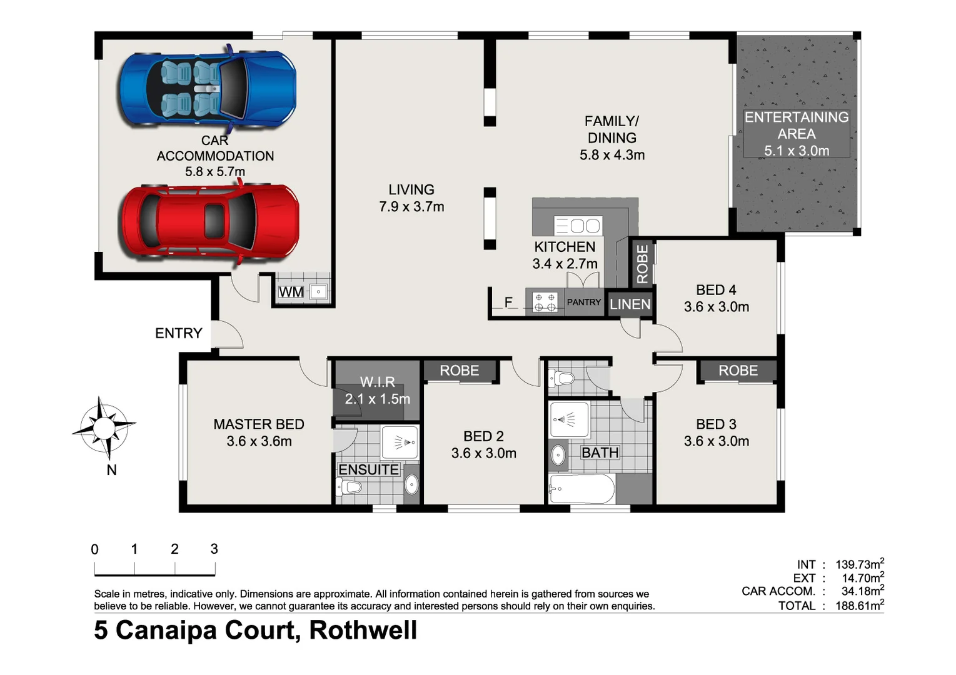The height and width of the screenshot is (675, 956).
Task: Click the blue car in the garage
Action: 207,87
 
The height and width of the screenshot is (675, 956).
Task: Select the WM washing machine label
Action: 291,292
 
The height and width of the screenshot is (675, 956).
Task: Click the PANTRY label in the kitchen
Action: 583,302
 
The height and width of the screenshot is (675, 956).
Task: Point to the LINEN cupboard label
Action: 630,304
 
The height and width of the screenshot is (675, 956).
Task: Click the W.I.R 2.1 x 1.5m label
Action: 377,391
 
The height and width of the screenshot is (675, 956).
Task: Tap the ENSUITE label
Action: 368,470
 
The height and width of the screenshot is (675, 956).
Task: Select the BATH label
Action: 600,452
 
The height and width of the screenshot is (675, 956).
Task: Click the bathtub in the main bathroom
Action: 581,489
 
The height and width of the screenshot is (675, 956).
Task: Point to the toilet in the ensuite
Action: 350,486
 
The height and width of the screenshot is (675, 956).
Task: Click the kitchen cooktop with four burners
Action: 545,302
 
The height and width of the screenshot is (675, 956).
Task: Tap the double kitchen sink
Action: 578,225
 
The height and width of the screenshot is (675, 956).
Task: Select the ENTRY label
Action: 179,333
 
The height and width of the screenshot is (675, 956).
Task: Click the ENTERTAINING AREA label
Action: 796,134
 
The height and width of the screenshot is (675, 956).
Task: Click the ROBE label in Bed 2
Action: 459,371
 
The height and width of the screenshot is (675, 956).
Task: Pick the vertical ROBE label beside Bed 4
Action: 642,264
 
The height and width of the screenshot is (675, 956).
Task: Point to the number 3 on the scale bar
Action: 214,549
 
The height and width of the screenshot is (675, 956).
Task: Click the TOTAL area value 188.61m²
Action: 859,606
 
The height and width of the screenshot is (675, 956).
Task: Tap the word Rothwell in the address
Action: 363,630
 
